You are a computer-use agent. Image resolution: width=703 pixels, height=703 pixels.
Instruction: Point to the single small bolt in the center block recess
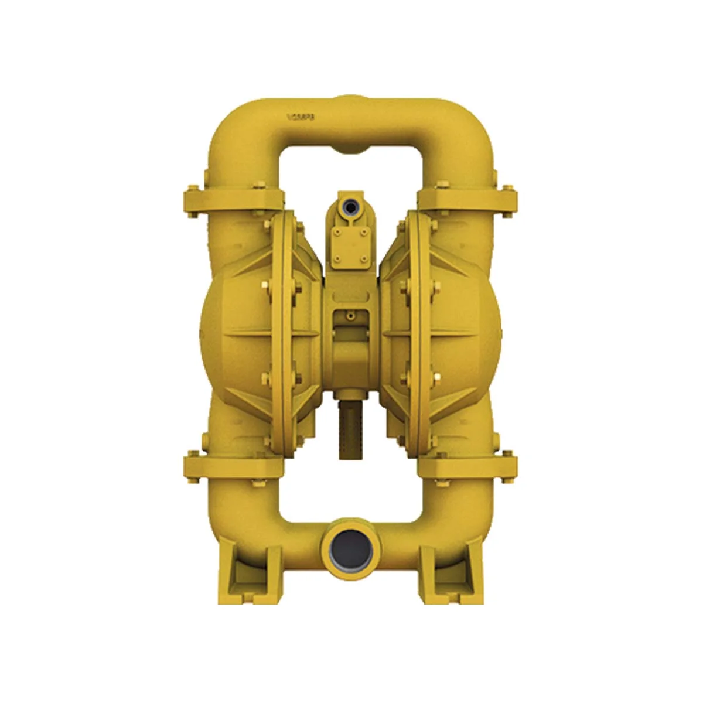click(350, 316)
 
